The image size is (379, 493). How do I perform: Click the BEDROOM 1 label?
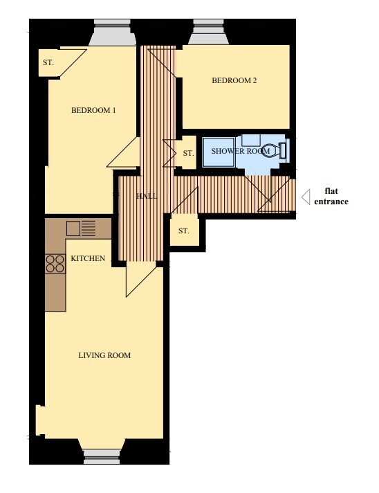pos(93,110)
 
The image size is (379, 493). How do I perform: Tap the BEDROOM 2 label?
pos(234,80)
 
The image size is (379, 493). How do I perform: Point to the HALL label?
pos(147,196)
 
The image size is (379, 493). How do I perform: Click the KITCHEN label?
pos(88,259)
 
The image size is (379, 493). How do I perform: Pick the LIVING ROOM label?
pos(104,355)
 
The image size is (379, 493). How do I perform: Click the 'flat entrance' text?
pos(331,197)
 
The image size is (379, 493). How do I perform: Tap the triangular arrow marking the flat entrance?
pos(304,197)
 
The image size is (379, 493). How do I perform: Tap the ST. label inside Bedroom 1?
pos(48,62)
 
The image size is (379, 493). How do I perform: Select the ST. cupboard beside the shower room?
pos(187,153)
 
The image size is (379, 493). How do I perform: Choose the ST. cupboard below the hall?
pos(184,230)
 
